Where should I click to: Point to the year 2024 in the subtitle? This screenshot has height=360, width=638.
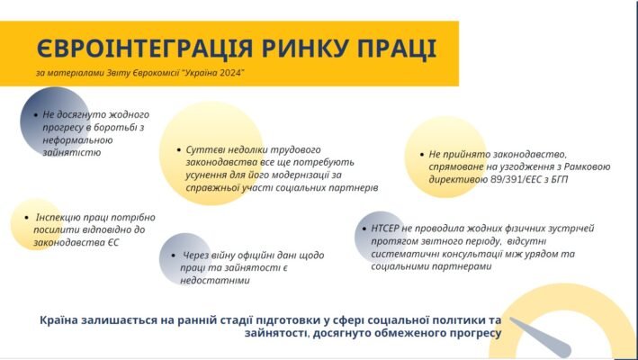[229, 72]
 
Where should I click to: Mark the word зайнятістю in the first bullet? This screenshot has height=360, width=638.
[70, 153]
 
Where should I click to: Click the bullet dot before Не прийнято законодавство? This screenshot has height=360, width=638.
[422, 155]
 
